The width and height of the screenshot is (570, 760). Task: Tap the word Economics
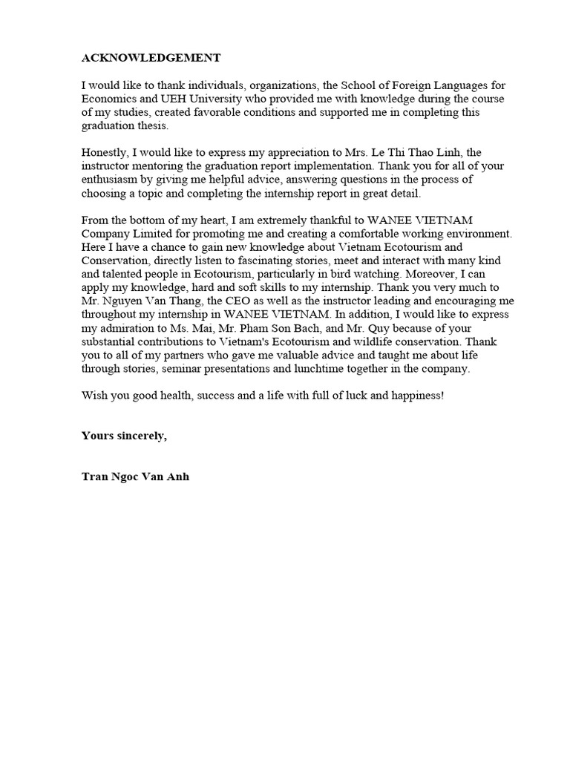(x=108, y=99)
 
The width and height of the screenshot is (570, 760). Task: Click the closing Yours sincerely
(x=125, y=436)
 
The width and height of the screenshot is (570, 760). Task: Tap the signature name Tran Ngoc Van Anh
(x=135, y=476)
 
